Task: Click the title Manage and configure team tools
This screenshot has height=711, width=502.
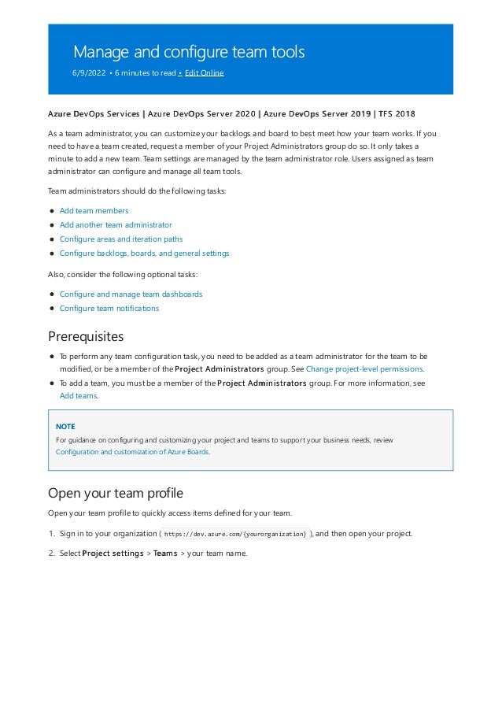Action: (x=188, y=52)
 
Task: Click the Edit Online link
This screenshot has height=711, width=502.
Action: (x=204, y=72)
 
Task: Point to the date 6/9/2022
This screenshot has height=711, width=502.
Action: (x=89, y=72)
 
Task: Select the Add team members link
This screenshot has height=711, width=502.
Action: (x=94, y=211)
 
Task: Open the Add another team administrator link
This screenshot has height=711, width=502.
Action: (x=116, y=225)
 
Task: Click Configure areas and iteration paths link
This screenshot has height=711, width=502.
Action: (x=121, y=239)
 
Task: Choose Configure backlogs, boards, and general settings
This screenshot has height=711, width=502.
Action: (x=144, y=254)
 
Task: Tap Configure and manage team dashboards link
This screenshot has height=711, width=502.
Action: (x=131, y=294)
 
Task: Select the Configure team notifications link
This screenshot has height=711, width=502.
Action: (x=109, y=309)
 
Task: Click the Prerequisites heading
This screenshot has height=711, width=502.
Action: (x=86, y=337)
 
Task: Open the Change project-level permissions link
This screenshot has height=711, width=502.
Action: (x=364, y=368)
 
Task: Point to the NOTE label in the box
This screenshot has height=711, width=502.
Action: (x=65, y=426)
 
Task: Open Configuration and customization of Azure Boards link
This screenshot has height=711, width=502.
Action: (x=132, y=452)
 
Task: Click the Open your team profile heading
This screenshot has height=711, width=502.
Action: (x=115, y=494)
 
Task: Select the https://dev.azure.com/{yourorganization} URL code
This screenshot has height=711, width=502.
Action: (x=235, y=534)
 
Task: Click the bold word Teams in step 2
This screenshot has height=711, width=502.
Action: (x=165, y=553)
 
